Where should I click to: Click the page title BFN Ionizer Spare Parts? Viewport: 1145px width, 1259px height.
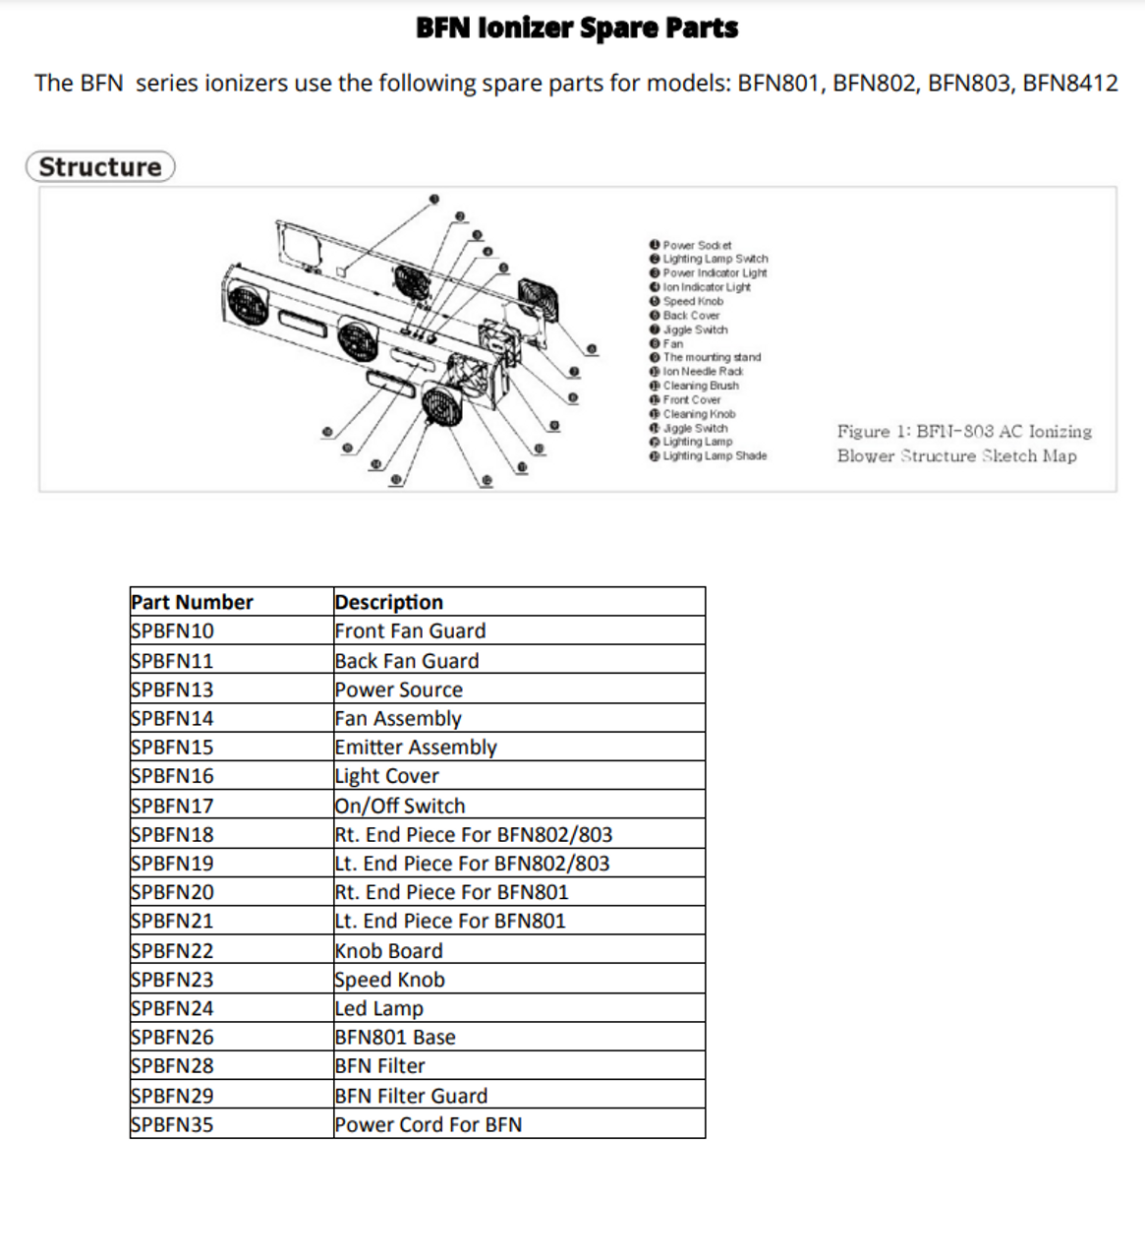click(577, 28)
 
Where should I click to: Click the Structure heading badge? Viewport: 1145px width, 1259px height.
click(100, 167)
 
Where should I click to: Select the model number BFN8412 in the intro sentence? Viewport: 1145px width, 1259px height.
click(1070, 83)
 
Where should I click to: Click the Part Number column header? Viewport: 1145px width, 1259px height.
click(193, 602)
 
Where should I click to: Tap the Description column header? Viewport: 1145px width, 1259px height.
click(389, 602)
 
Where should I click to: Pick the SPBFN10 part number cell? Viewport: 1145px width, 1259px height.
click(173, 631)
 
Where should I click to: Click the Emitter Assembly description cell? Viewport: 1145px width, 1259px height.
click(416, 748)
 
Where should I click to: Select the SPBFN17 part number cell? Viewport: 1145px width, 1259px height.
click(173, 806)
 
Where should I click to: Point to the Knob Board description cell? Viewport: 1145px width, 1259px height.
click(389, 951)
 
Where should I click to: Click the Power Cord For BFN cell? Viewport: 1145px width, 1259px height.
click(429, 1125)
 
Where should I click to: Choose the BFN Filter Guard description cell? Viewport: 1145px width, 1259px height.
click(411, 1096)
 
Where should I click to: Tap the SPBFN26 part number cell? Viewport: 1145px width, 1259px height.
click(173, 1038)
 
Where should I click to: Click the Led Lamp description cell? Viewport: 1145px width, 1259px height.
click(379, 1009)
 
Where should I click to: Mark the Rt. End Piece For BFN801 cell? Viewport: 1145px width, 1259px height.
click(452, 893)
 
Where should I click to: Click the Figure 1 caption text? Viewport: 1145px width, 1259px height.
click(963, 444)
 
